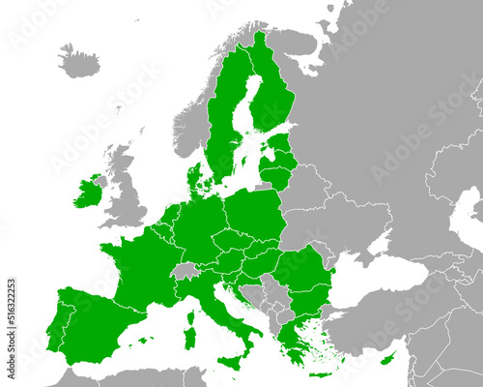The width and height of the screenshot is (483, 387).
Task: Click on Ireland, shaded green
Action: (x=87, y=193)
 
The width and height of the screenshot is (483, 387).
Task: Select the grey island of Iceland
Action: (x=79, y=61)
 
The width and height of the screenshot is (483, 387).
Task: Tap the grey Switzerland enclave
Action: (x=185, y=271)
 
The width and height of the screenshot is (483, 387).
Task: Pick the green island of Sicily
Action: (x=231, y=361)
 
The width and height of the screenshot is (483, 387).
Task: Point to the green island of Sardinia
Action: (x=190, y=338)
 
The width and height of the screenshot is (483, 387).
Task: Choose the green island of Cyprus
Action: (x=388, y=359)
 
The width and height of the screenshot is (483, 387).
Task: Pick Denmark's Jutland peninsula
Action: (x=197, y=180)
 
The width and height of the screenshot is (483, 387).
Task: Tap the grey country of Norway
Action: (x=193, y=116)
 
